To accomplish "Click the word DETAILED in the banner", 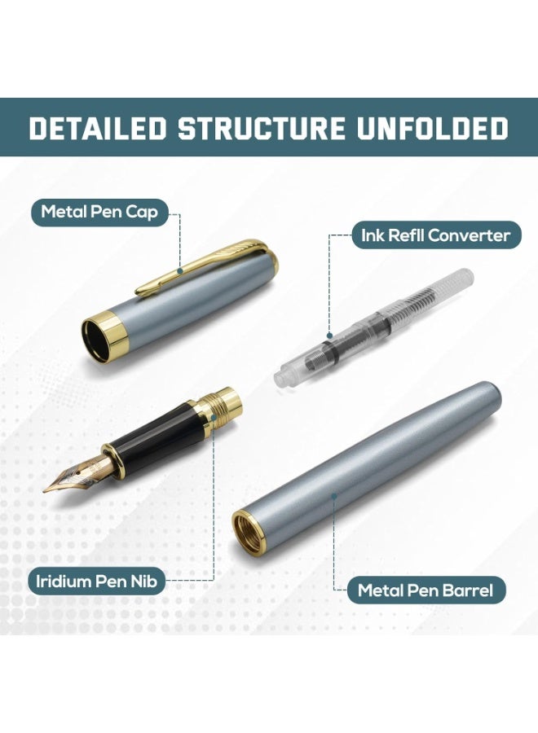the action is (98, 128).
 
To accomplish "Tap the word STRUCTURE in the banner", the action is (262, 128).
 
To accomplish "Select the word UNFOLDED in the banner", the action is (433, 128).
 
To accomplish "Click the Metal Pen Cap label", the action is (99, 213).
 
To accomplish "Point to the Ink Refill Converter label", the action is (436, 235).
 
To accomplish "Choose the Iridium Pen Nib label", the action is (96, 581).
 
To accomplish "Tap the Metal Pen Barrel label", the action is (426, 590).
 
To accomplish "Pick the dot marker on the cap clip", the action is (179, 270).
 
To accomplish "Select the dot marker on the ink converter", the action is (329, 335).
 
